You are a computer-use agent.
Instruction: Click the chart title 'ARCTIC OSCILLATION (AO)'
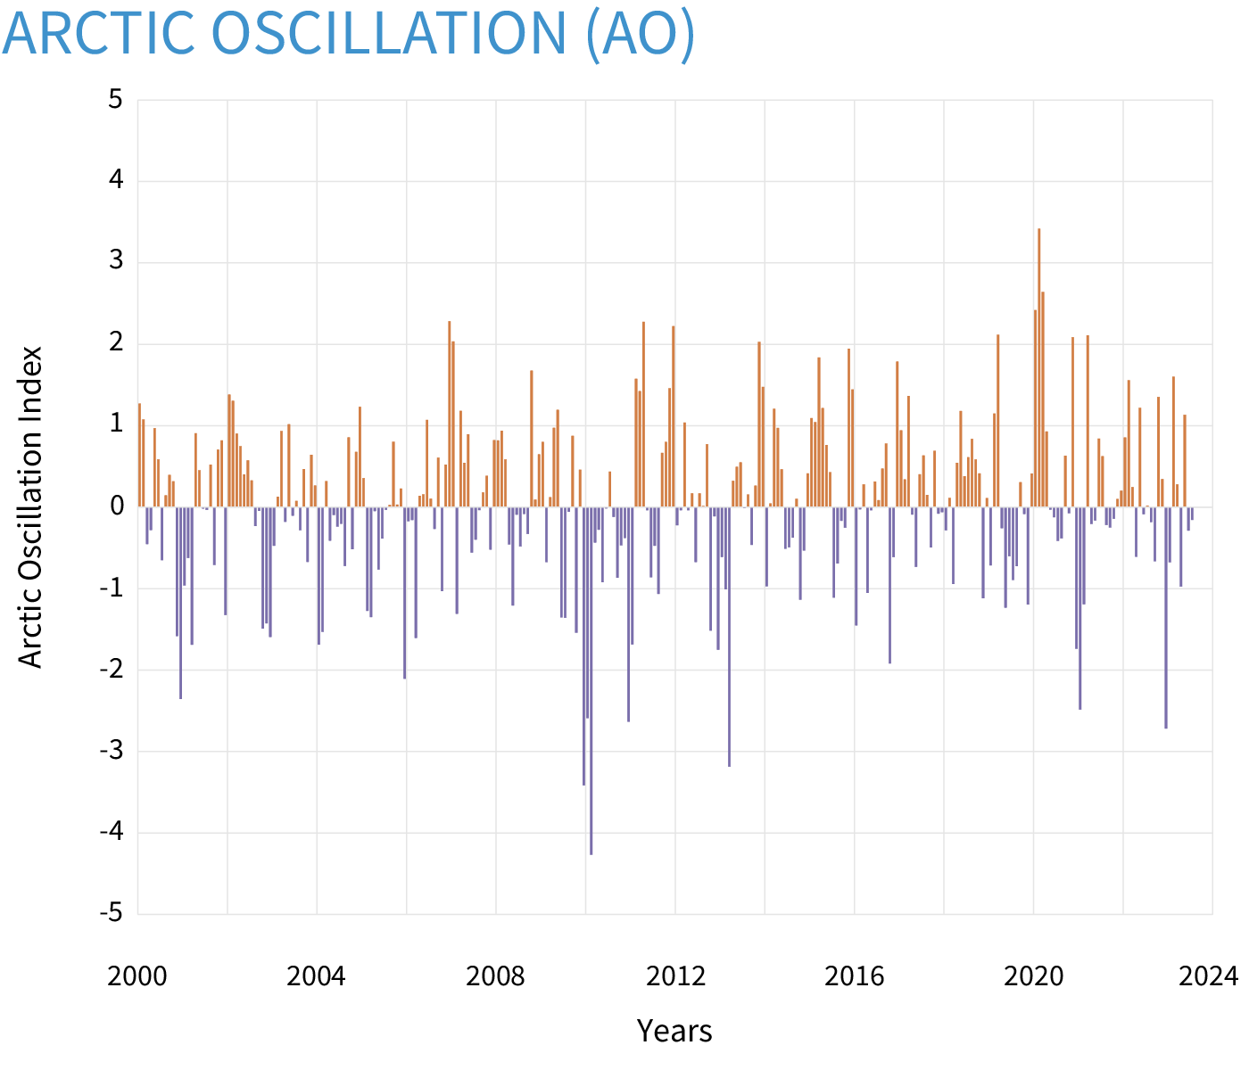click(x=348, y=33)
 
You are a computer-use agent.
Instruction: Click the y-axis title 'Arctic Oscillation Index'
click(x=31, y=506)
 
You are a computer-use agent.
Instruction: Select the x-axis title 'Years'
click(x=674, y=1031)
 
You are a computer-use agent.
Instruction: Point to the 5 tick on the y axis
click(x=116, y=100)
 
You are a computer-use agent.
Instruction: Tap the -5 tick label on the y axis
click(x=111, y=914)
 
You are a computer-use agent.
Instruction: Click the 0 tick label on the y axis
click(x=116, y=506)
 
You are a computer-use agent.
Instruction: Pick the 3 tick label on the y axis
click(x=116, y=262)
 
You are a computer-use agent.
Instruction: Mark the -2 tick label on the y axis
click(x=111, y=670)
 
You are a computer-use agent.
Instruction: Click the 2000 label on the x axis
click(x=137, y=976)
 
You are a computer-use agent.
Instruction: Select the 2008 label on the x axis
click(x=496, y=976)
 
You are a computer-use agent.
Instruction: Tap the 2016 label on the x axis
click(x=854, y=976)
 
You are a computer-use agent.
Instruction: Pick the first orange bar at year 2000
click(x=139, y=455)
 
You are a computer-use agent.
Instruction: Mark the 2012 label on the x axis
click(x=675, y=976)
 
